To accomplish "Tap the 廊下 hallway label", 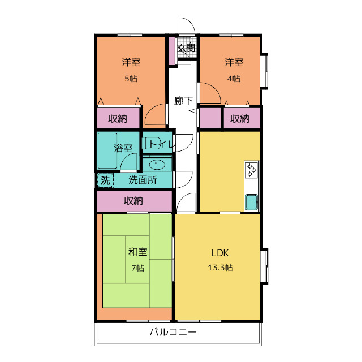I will coord(184,101).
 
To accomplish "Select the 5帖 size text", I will coord(131,79).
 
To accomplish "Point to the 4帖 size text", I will coord(234,79).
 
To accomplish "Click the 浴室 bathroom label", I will coord(123,149).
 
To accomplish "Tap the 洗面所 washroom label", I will coord(143,181).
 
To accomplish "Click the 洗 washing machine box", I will coord(105,181).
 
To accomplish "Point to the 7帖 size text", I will coord(137,268).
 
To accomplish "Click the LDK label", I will coord(219,252).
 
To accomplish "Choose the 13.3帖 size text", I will coord(219,268).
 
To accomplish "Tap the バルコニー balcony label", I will coord(173,333).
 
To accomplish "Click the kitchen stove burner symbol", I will coord(252,169).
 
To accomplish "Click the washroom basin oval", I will coord(157,165).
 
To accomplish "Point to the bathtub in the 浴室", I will coord(106,150).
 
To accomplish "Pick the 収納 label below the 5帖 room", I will coord(118,119).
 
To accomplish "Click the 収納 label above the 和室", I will coord(133,201).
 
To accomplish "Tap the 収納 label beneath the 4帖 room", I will coord(240,119).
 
